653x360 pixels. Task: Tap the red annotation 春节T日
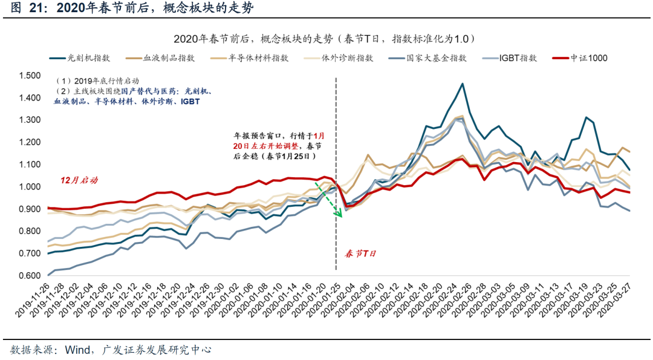pos(360,254)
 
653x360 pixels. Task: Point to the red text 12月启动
pos(79,180)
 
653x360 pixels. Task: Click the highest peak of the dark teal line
pos(462,84)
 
